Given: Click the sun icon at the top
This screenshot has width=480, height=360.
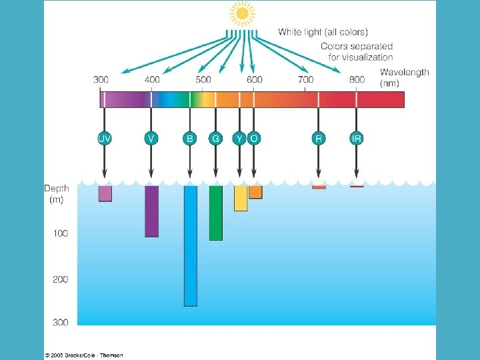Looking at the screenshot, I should coord(242,13).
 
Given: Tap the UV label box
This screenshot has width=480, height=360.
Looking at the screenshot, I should coord(105,139).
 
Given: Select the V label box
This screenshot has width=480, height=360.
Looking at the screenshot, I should coord(151,139).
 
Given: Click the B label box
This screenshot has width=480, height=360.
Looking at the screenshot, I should coord(190,139).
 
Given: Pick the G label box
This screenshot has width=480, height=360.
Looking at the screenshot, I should coord(215,139).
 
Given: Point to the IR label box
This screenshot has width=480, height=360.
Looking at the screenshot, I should coord(357,139).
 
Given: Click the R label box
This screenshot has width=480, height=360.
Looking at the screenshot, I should coord(319,139).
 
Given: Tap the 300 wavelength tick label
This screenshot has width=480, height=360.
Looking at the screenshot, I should coord(101,79).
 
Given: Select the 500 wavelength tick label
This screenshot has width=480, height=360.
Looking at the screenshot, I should coord(203,79).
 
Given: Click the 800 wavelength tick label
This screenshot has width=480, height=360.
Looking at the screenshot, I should coord(357,79).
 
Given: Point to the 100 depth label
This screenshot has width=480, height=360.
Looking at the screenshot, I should coord(61,233).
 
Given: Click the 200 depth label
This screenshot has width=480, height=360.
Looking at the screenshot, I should coord(61,279).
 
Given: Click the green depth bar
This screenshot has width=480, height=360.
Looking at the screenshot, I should coord(215,213).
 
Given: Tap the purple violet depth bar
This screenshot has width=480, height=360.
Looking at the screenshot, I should coord(151,211).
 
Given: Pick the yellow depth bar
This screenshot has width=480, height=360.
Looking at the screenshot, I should coord(241,198).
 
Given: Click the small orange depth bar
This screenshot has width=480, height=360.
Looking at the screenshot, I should coord(255,192).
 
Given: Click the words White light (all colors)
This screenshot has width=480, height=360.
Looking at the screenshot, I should coord(323,31).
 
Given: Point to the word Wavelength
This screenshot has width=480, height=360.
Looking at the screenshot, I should coord(405,72).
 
